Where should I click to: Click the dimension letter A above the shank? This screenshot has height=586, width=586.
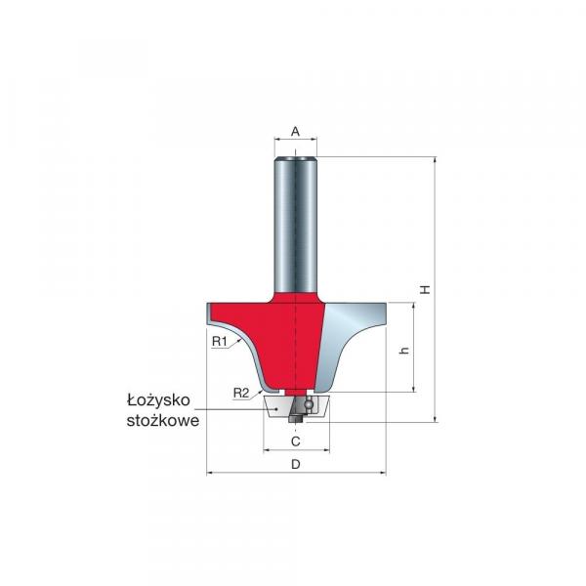(295, 132)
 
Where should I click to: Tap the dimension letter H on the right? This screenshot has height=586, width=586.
(425, 289)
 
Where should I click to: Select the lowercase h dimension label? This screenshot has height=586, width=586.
(404, 351)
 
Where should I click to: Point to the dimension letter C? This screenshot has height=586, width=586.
(296, 441)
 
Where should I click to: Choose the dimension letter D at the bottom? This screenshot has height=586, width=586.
(296, 464)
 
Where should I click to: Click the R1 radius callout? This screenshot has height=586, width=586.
(220, 341)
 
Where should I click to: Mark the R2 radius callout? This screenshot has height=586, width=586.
(241, 393)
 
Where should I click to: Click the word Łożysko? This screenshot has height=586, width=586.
(159, 400)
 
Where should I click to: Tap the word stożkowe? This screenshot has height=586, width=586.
(163, 420)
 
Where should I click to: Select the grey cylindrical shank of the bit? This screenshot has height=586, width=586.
(295, 225)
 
